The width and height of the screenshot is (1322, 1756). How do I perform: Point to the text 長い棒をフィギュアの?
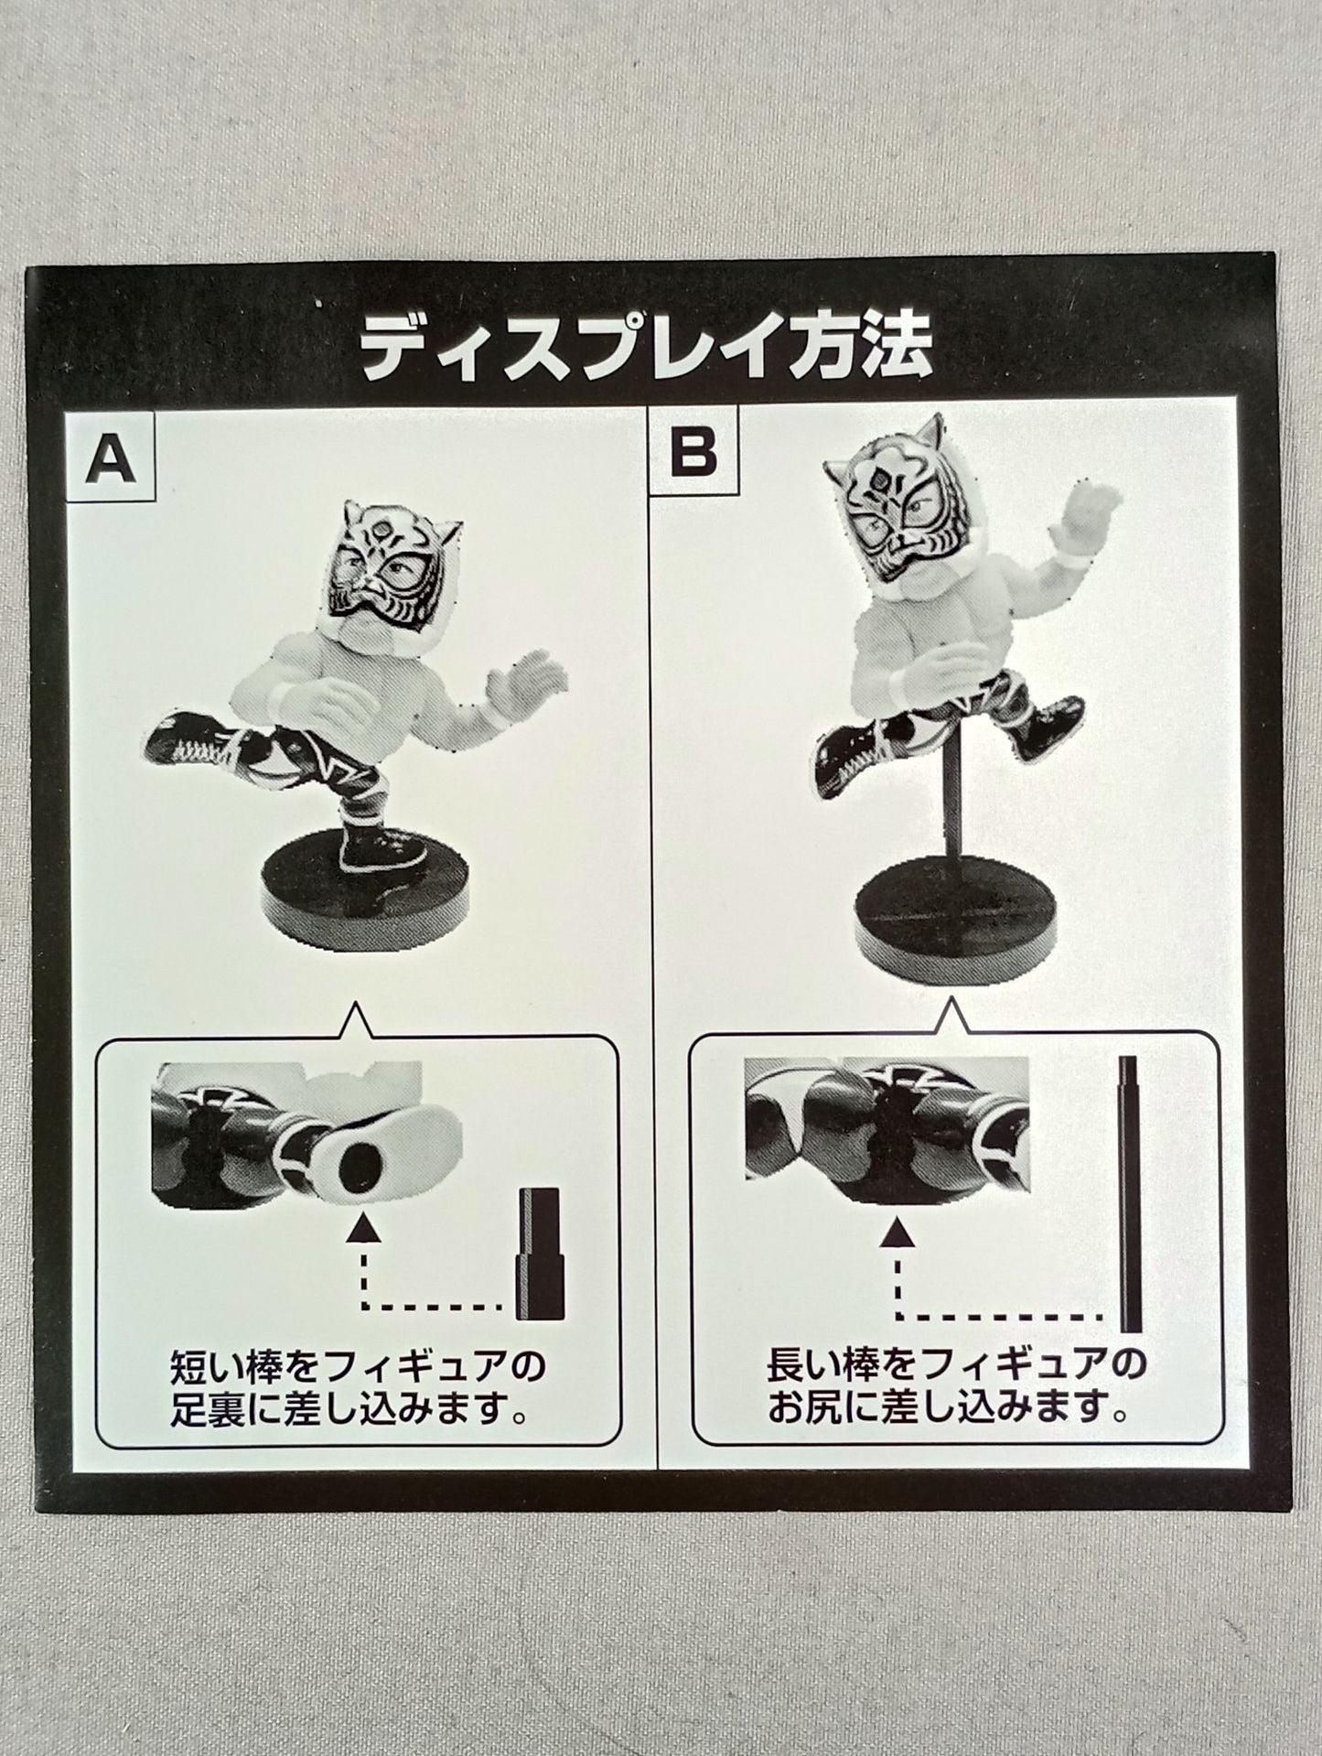(954, 1365)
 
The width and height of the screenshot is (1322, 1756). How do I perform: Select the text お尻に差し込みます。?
(946, 1407)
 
